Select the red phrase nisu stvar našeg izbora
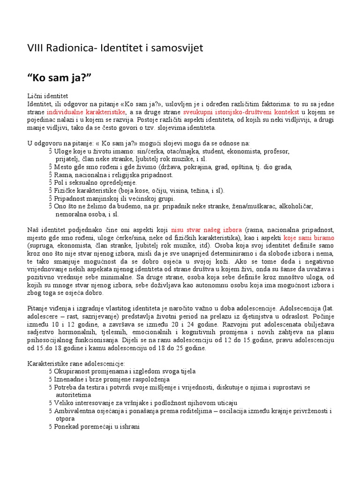207,230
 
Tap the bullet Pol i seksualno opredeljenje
95,182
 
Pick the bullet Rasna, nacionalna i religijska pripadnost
113,175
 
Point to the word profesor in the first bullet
277,151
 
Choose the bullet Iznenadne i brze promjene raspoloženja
112,379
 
